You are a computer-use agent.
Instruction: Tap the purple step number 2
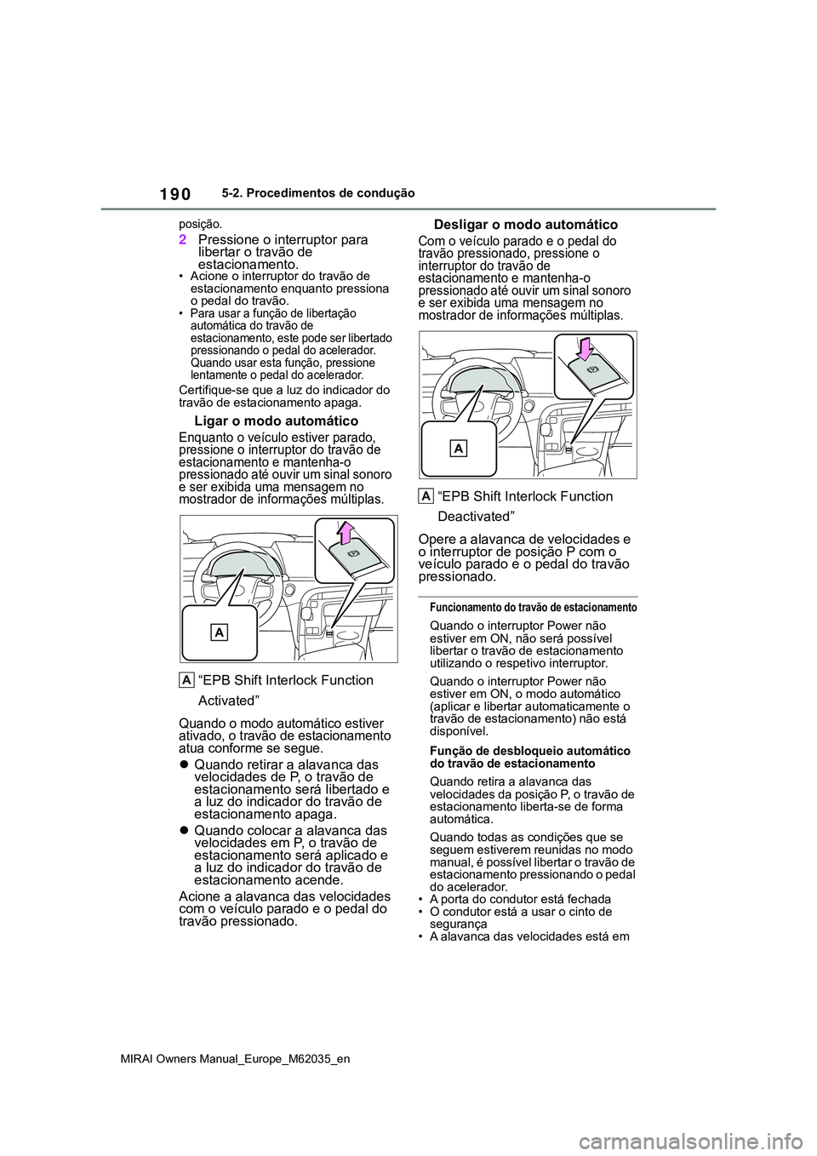coord(183,240)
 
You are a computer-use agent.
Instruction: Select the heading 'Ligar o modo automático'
coord(276,421)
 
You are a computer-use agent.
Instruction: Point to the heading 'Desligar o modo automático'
coord(526,225)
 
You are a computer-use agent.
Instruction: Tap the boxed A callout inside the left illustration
coord(219,632)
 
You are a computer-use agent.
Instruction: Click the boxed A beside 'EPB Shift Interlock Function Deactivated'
coord(426,496)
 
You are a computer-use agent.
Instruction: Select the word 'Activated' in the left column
coord(229,701)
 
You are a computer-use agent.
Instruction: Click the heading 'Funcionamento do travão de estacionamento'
coord(533,608)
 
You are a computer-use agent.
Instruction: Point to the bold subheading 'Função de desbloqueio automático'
coord(530,751)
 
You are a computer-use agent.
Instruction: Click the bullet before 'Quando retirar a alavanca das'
coord(184,764)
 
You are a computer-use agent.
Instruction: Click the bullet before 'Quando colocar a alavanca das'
coord(184,830)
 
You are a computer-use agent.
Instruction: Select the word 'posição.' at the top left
coord(200,224)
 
